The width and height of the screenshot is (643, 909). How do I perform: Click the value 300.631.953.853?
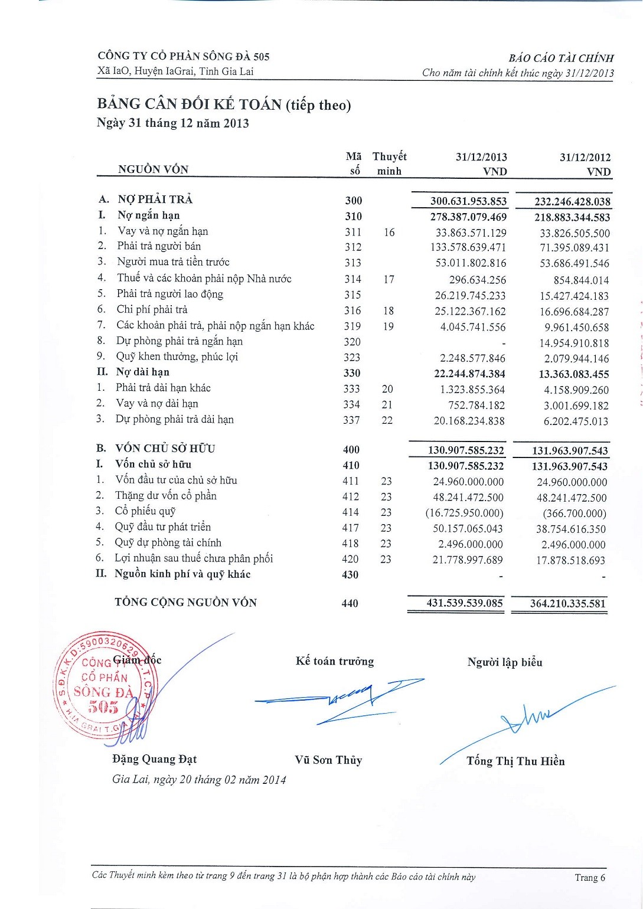pyautogui.click(x=468, y=201)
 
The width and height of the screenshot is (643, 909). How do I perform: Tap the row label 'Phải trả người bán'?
pyautogui.click(x=159, y=246)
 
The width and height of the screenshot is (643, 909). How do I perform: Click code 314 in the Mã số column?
pyautogui.click(x=352, y=279)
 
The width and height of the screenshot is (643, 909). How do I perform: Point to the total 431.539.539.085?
pyautogui.click(x=465, y=603)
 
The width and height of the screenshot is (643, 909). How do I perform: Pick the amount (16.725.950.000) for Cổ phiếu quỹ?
pyautogui.click(x=465, y=513)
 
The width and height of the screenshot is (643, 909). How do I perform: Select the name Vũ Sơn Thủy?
pyautogui.click(x=328, y=760)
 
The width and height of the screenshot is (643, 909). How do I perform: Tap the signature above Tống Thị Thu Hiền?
pyautogui.click(x=528, y=717)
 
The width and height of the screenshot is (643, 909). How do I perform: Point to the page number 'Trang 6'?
pyautogui.click(x=590, y=878)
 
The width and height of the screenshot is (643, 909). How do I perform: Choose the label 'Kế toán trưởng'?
pyautogui.click(x=335, y=662)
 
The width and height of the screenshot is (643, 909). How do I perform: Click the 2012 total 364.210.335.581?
pyautogui.click(x=568, y=604)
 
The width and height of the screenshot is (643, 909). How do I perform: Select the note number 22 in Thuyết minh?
pyautogui.click(x=387, y=420)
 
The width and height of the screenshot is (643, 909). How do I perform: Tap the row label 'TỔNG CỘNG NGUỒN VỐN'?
pyautogui.click(x=185, y=603)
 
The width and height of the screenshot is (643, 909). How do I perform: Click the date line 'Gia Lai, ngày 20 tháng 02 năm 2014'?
pyautogui.click(x=199, y=780)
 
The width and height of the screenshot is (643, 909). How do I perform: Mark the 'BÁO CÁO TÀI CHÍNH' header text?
pyautogui.click(x=561, y=58)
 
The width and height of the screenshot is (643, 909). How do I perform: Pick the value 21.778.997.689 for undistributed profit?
pyautogui.click(x=468, y=560)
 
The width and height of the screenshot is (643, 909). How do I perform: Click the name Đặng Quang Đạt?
pyautogui.click(x=154, y=759)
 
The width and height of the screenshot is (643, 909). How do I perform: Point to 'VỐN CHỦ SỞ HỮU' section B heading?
pyautogui.click(x=165, y=449)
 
